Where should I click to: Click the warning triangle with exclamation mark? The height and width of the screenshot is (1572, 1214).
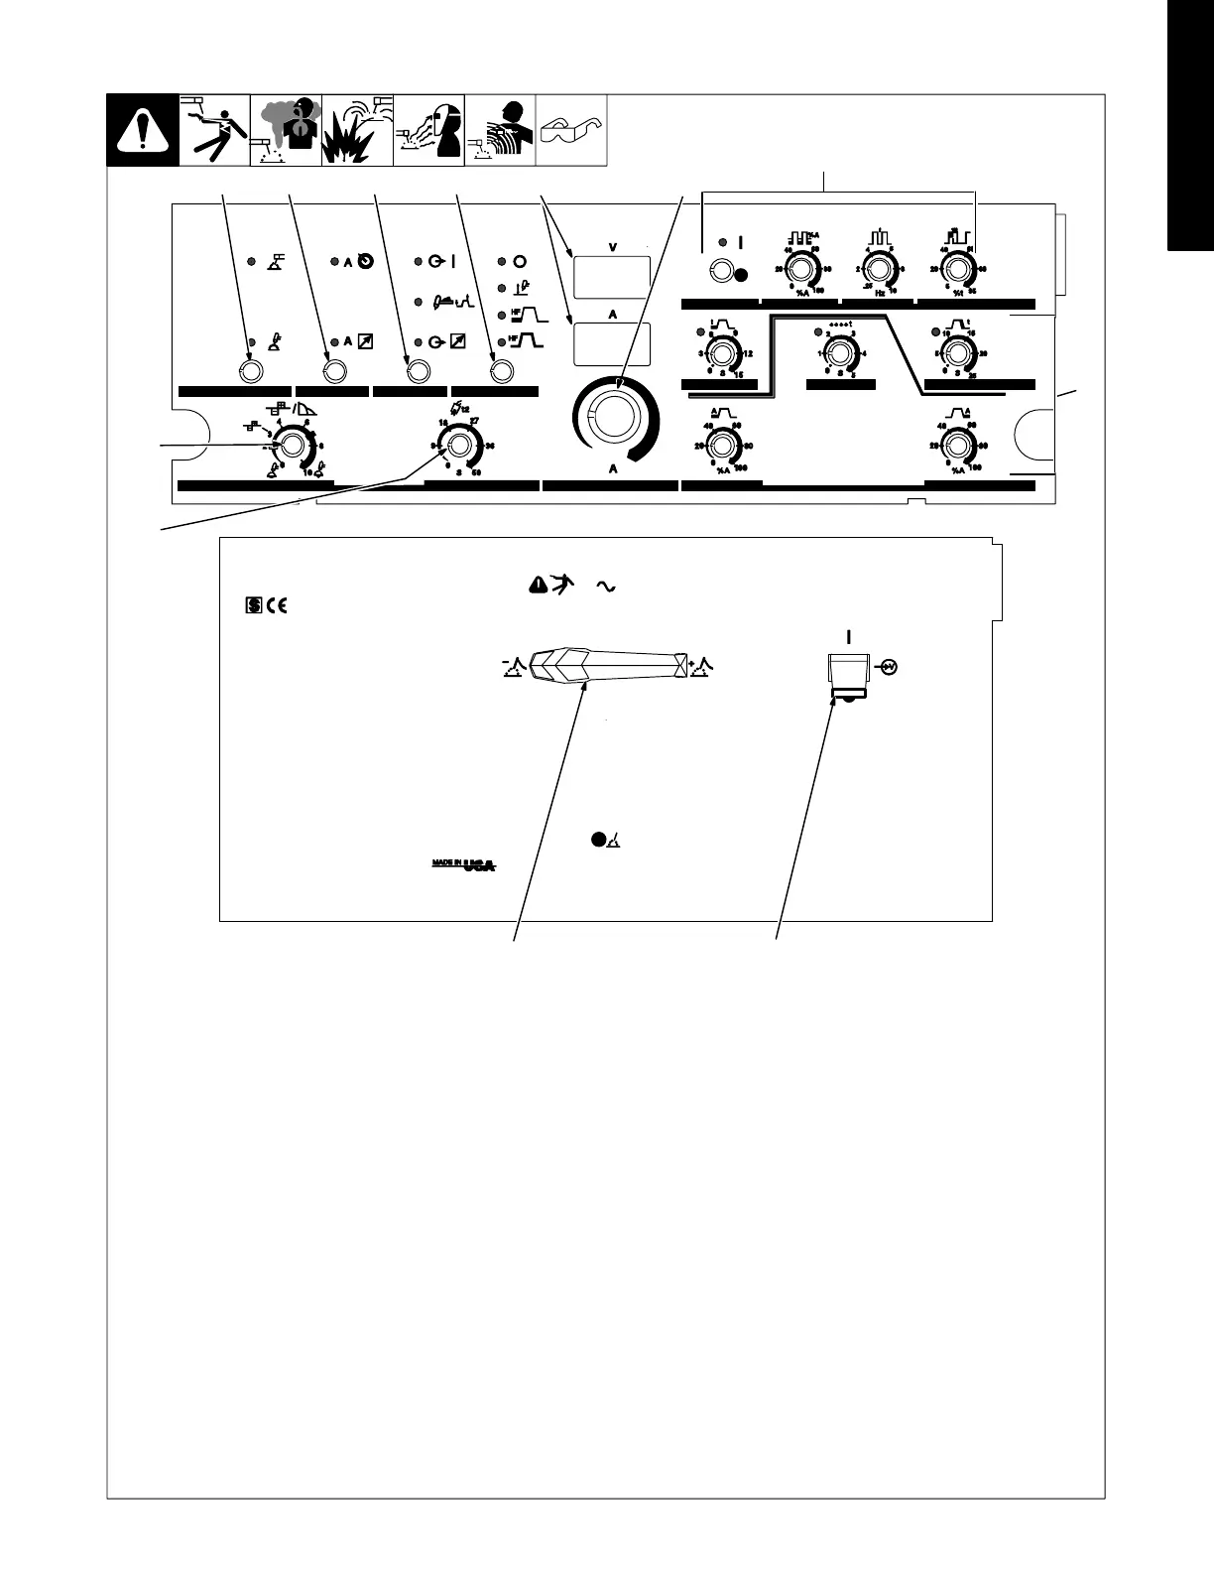click(x=143, y=131)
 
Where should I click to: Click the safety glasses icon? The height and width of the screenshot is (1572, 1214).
click(x=570, y=131)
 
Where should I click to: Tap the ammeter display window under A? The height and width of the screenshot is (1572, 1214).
click(x=612, y=343)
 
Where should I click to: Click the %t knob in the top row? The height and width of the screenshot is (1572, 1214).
click(x=957, y=269)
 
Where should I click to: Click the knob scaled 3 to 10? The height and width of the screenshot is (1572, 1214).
click(x=292, y=446)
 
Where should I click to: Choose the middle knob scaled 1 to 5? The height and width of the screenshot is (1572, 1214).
click(x=839, y=352)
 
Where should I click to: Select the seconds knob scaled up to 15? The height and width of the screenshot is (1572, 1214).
click(x=721, y=352)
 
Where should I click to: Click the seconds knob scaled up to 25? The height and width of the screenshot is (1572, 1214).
click(x=957, y=352)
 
